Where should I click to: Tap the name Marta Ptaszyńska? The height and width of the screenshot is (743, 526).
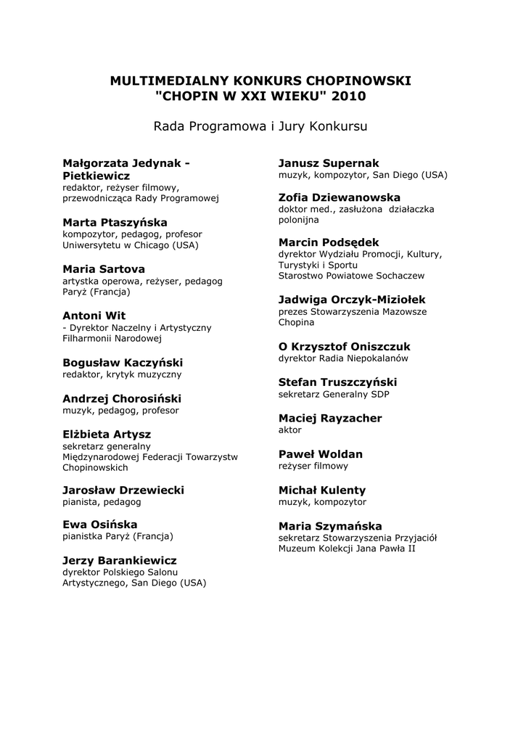coord(115,223)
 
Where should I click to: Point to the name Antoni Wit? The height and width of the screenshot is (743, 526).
coord(94,316)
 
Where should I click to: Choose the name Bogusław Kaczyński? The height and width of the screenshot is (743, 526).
coord(123,363)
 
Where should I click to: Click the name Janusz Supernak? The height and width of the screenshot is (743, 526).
coord(329,163)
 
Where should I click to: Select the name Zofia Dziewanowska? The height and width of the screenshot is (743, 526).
coord(339,197)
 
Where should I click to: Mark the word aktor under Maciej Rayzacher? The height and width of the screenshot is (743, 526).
coord(290,430)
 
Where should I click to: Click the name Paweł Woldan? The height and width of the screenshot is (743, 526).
coord(320,454)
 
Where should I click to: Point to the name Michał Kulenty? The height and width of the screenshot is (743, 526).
coord(322,490)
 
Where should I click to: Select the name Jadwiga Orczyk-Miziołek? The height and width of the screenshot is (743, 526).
coord(352,300)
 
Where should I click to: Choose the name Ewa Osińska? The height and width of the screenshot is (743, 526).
coord(99,525)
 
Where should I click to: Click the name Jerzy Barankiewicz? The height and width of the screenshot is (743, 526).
coord(119,561)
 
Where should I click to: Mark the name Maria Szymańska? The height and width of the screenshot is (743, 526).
coord(329,526)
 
